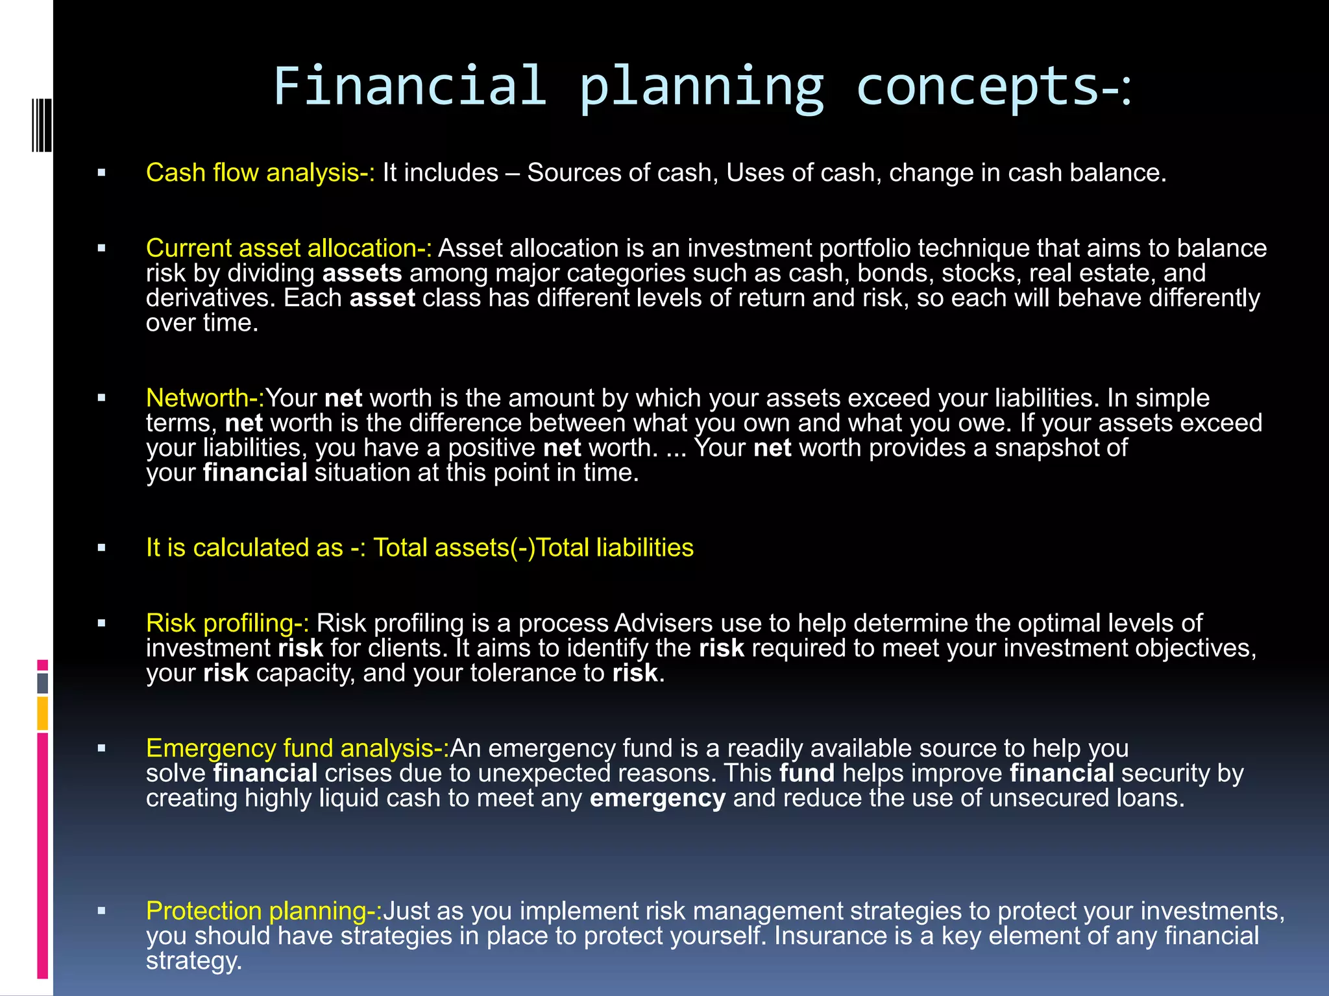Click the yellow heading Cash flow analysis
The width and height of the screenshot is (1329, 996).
(x=260, y=173)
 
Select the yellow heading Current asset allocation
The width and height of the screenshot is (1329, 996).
(x=288, y=248)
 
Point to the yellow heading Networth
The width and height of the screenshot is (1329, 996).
(x=204, y=398)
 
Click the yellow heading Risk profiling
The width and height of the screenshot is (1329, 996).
(x=227, y=623)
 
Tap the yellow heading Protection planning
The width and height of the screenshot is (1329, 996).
(x=263, y=911)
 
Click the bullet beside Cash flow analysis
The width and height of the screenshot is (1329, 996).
(x=101, y=173)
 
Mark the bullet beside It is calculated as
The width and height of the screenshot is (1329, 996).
(x=101, y=548)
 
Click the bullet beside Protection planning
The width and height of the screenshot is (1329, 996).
(x=101, y=911)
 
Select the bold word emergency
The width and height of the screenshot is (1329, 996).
(x=657, y=798)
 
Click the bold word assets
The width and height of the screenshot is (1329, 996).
(x=362, y=274)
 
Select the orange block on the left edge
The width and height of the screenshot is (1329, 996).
(x=43, y=713)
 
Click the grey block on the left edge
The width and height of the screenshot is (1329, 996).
(x=43, y=683)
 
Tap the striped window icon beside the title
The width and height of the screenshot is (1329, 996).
(x=42, y=125)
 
